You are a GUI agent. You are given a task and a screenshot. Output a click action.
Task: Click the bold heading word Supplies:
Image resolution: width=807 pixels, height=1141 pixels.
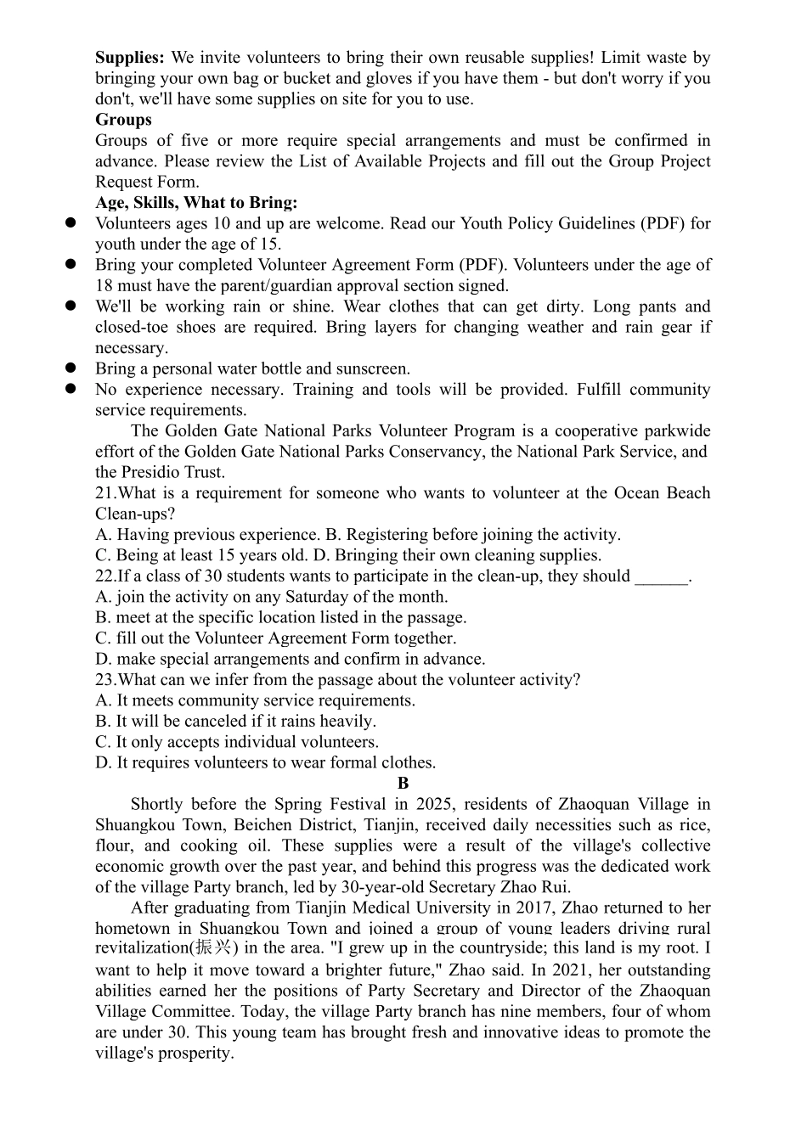(x=129, y=58)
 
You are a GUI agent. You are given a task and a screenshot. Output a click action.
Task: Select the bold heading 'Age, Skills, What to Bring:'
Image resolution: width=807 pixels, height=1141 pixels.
(x=196, y=203)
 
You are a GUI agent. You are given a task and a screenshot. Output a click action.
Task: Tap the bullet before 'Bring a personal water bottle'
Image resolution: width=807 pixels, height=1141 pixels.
(x=72, y=368)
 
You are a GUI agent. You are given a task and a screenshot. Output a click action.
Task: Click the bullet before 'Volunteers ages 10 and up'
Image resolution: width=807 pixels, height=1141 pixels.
(x=72, y=223)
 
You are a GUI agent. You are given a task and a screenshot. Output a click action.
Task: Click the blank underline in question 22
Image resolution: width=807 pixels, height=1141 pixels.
(x=661, y=576)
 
